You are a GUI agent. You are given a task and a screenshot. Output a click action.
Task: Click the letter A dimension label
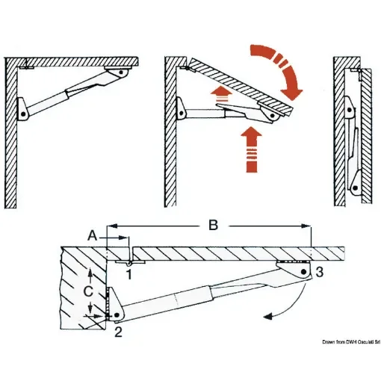pos(93,234)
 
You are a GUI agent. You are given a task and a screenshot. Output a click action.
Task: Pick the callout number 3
pos(319,273)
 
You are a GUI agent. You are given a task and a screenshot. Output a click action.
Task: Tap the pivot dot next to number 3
pos(305,273)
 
